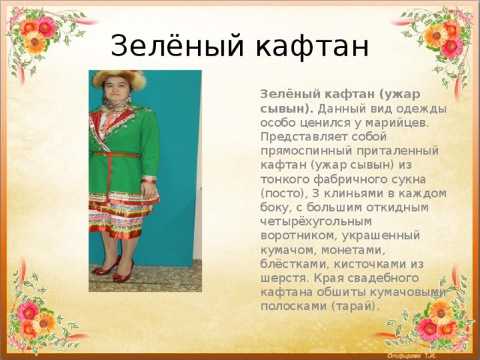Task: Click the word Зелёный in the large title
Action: (177, 45)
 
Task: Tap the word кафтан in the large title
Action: (312, 45)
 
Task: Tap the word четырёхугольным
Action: (316, 222)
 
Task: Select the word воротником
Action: (299, 236)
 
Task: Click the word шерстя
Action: (285, 278)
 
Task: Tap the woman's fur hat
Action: (118, 79)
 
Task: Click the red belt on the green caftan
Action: (117, 155)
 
